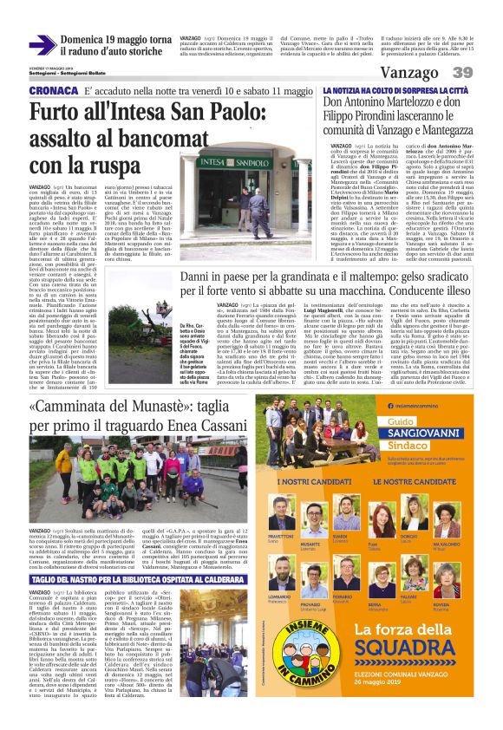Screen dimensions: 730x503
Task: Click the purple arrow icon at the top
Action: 42,44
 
